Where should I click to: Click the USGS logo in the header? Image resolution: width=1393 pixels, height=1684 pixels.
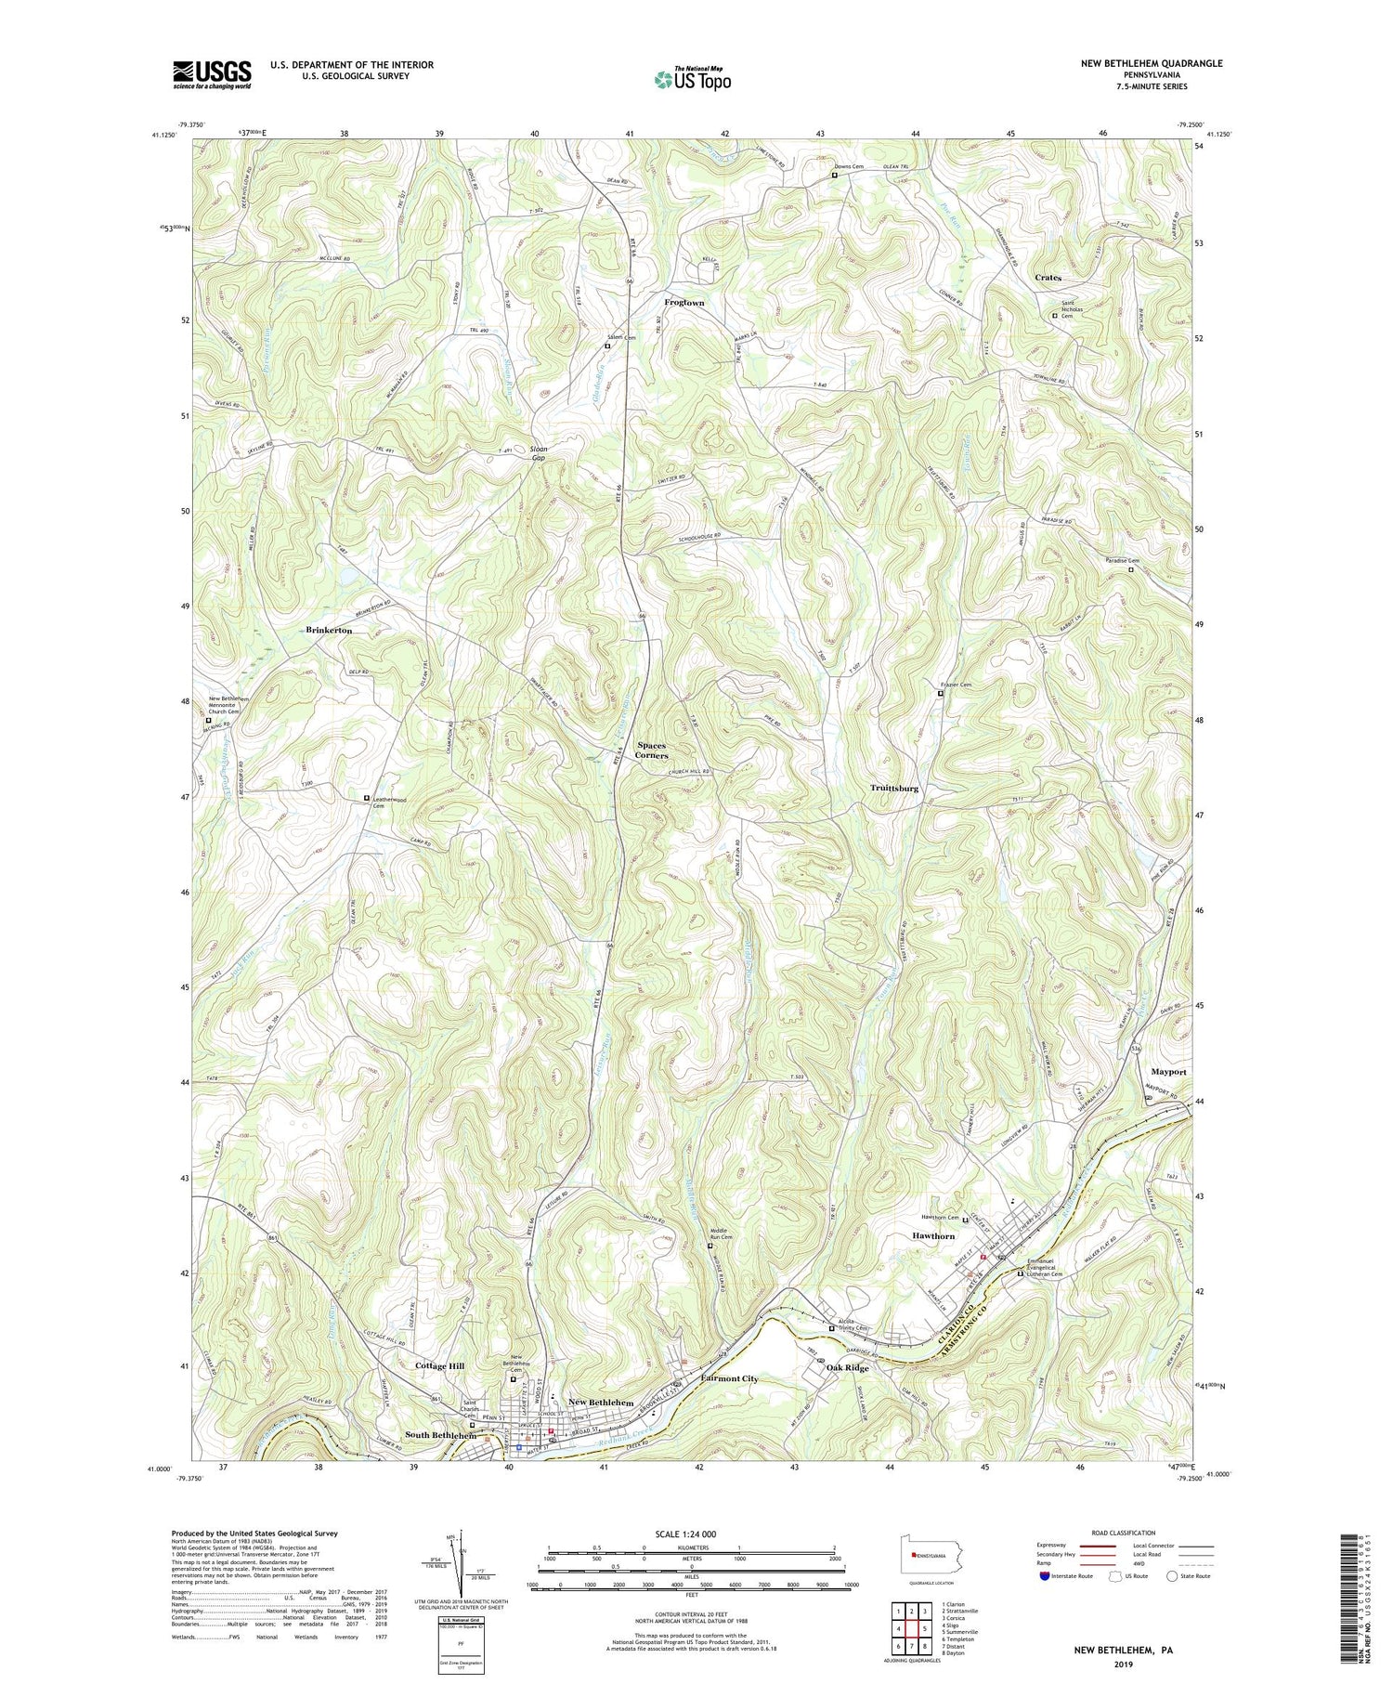pyautogui.click(x=212, y=74)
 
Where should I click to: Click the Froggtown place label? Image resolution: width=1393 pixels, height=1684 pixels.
pyautogui.click(x=683, y=303)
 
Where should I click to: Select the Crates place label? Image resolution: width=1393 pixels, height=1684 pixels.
pyautogui.click(x=1048, y=278)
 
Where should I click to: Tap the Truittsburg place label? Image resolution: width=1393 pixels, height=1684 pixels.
pyautogui.click(x=893, y=788)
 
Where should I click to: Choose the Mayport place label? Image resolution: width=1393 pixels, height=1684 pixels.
pyautogui.click(x=1168, y=1071)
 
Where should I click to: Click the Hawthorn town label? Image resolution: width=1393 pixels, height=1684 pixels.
pyautogui.click(x=932, y=1236)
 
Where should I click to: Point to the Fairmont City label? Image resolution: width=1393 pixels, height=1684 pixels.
pyautogui.click(x=729, y=1378)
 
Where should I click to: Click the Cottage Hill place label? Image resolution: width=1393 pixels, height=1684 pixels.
pyautogui.click(x=439, y=1366)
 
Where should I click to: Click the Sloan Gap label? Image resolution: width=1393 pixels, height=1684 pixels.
pyautogui.click(x=538, y=454)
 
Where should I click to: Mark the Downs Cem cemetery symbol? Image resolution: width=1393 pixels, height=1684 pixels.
pyautogui.click(x=834, y=176)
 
